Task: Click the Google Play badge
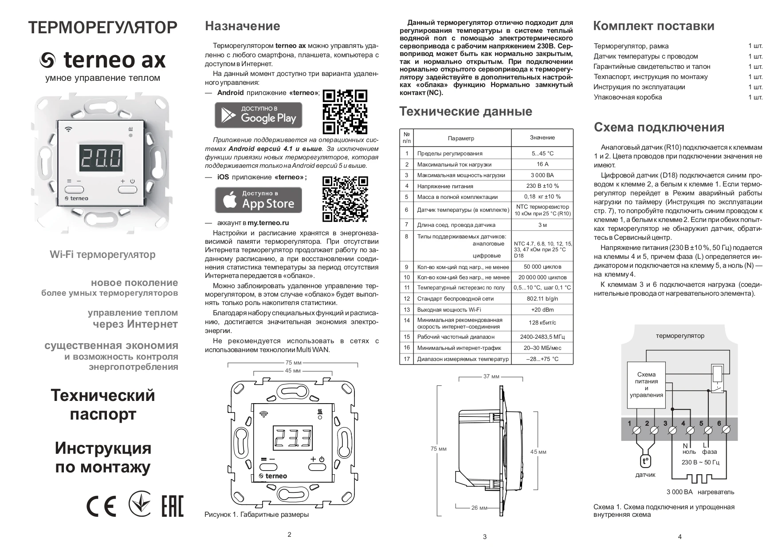[258, 115]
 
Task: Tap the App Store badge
[258, 200]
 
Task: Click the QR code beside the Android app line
[345, 111]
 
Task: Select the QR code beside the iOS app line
[345, 198]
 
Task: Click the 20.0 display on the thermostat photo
[102, 158]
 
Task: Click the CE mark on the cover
[101, 506]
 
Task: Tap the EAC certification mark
[172, 506]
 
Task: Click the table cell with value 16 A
[542, 164]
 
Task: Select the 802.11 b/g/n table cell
[542, 299]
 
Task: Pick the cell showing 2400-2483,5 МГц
[542, 337]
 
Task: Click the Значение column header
[542, 138]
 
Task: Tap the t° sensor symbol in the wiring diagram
[645, 461]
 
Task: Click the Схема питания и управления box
[646, 385]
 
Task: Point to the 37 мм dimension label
[491, 377]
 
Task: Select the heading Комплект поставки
[653, 26]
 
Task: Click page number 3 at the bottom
[484, 537]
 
